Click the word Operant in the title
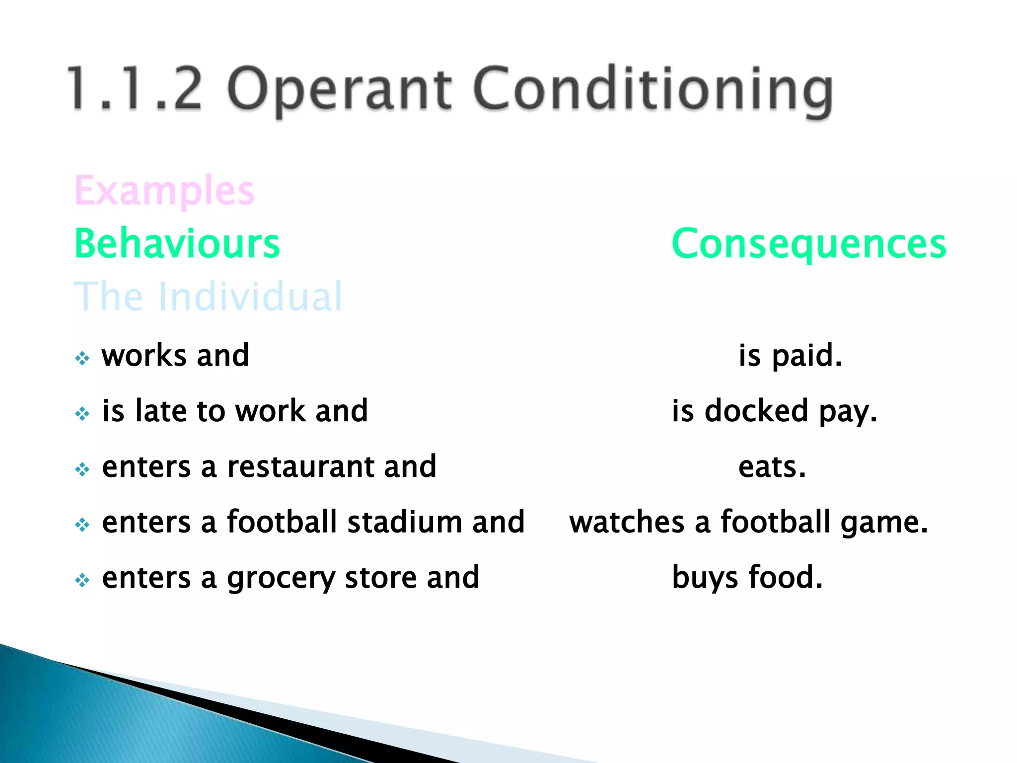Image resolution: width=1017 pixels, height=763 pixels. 339,89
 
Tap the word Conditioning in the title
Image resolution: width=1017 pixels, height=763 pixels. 653,89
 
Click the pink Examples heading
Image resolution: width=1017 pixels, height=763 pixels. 164,191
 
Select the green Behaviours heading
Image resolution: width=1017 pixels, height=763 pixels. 177,244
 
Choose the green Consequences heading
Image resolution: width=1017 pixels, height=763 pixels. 809,244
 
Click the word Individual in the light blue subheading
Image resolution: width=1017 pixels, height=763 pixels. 250,297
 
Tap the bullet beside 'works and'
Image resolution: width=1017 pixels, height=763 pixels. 82,358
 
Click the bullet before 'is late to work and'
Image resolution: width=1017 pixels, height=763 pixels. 82,413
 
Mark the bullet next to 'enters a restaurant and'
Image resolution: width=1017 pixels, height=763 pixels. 82,469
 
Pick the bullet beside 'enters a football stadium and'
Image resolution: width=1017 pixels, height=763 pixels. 82,525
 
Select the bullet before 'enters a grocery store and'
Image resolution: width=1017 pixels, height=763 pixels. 82,580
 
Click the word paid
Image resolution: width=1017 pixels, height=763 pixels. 807,356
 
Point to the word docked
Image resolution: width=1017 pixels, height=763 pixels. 756,411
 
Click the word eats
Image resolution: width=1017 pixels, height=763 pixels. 772,467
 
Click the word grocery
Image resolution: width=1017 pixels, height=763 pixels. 281,579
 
